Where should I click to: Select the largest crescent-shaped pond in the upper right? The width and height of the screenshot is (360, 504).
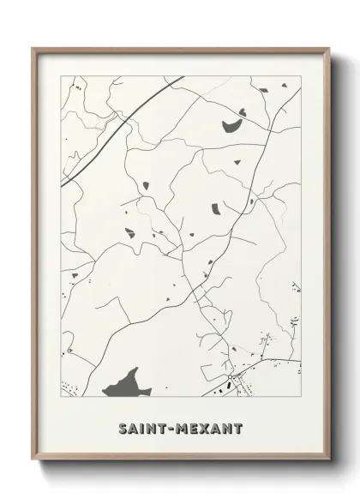(234, 125)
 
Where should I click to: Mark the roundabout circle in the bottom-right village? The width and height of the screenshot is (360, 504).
(231, 377)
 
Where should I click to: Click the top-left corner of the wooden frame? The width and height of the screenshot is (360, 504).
(33, 48)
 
